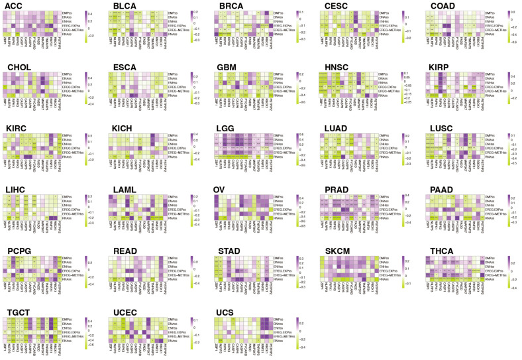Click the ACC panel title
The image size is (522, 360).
point(13,6)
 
